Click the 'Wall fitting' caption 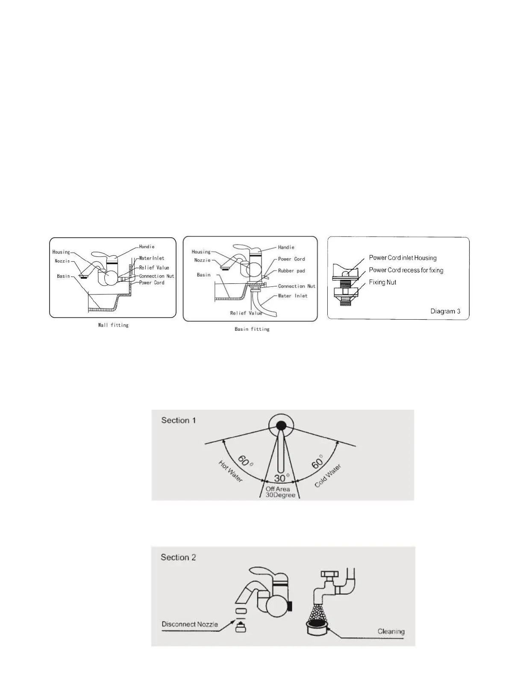click(113, 325)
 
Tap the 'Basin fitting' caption click(252, 329)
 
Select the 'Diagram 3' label click(445, 311)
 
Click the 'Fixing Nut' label click(382, 282)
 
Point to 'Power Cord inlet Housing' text click(403, 258)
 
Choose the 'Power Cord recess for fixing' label click(406, 270)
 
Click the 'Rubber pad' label click(291, 271)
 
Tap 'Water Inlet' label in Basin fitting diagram click(292, 296)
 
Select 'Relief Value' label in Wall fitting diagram click(154, 268)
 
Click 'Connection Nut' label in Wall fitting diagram click(156, 276)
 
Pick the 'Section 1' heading click(178, 420)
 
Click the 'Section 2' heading click(178, 557)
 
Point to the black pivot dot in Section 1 click(281, 425)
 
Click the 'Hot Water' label click(231, 471)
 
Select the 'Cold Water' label click(328, 476)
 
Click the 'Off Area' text click(278, 489)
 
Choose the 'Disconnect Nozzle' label click(190, 624)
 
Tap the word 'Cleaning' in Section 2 click(391, 631)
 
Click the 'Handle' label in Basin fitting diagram click(286, 248)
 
